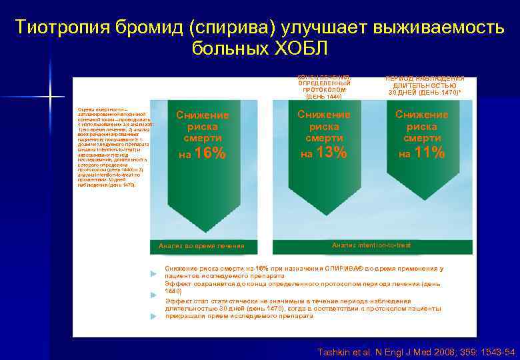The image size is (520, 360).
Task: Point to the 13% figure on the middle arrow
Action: click(331, 153)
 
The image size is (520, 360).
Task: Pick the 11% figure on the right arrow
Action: click(429, 153)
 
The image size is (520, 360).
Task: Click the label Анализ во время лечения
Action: click(201, 246)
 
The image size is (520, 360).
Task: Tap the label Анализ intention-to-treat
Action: click(371, 245)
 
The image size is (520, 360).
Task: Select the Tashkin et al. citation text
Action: click(415, 351)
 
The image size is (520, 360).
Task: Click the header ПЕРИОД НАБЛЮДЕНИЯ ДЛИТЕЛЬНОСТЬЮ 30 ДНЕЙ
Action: click(425, 85)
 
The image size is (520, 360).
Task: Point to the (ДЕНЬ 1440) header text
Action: click(323, 97)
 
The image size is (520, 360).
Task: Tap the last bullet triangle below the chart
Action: click(155, 316)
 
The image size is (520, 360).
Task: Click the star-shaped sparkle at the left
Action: click(50, 97)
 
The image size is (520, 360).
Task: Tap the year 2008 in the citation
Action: click(442, 351)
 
